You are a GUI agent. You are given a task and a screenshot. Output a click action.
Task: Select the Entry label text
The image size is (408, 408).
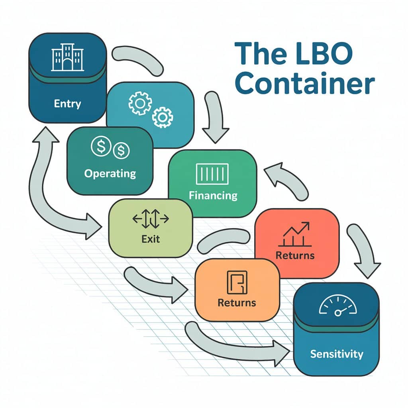tap(67, 104)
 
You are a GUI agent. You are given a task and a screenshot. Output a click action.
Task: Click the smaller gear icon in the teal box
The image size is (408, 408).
tap(163, 116)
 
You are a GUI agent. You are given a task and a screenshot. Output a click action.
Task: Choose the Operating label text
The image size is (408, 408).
tap(110, 174)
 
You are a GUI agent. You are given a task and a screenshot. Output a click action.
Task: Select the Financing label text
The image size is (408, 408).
tap(213, 196)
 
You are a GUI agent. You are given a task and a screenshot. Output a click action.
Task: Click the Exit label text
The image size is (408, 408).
tap(151, 239)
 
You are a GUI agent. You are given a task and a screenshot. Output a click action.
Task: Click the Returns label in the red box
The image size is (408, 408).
tap(295, 255)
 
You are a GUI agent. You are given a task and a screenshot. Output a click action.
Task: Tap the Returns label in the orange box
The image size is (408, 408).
tap(237, 303)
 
